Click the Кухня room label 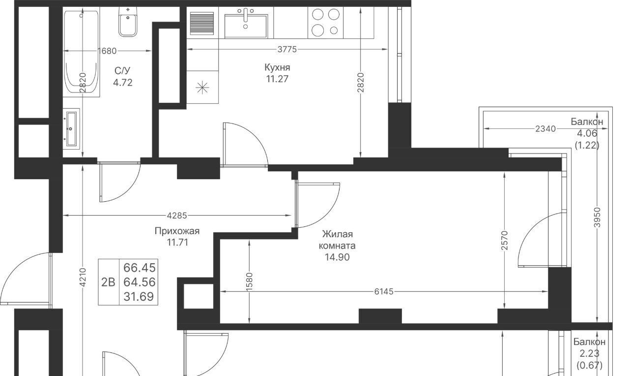pyautogui.click(x=277, y=67)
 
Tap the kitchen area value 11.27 pyautogui.click(x=277, y=79)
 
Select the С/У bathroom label pyautogui.click(x=122, y=70)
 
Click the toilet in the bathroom pyautogui.click(x=128, y=22)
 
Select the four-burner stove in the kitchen pyautogui.click(x=325, y=23)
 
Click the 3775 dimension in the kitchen pyautogui.click(x=287, y=50)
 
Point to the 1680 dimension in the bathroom pyautogui.click(x=107, y=51)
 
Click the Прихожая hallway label pyautogui.click(x=177, y=231)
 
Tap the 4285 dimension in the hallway pyautogui.click(x=177, y=216)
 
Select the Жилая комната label pyautogui.click(x=337, y=240)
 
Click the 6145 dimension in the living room pyautogui.click(x=384, y=292)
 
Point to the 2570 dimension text pyautogui.click(x=505, y=241)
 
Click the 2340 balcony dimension pyautogui.click(x=545, y=129)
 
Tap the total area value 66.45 pyautogui.click(x=139, y=268)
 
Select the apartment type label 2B pyautogui.click(x=108, y=282)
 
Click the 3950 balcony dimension pyautogui.click(x=597, y=218)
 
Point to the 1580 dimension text pyautogui.click(x=249, y=282)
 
